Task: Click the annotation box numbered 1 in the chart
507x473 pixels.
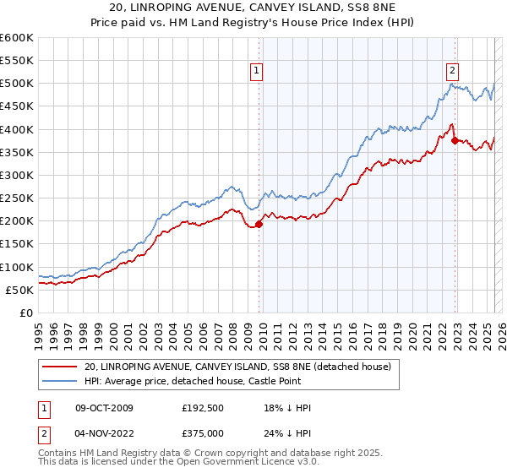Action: (x=256, y=71)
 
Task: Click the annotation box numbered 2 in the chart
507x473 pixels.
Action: (x=453, y=71)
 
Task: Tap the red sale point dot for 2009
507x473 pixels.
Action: (x=259, y=224)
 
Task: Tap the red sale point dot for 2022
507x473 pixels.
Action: (x=455, y=140)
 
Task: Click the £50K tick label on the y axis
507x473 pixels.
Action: (x=20, y=290)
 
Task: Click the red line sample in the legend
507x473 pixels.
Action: (x=61, y=367)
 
